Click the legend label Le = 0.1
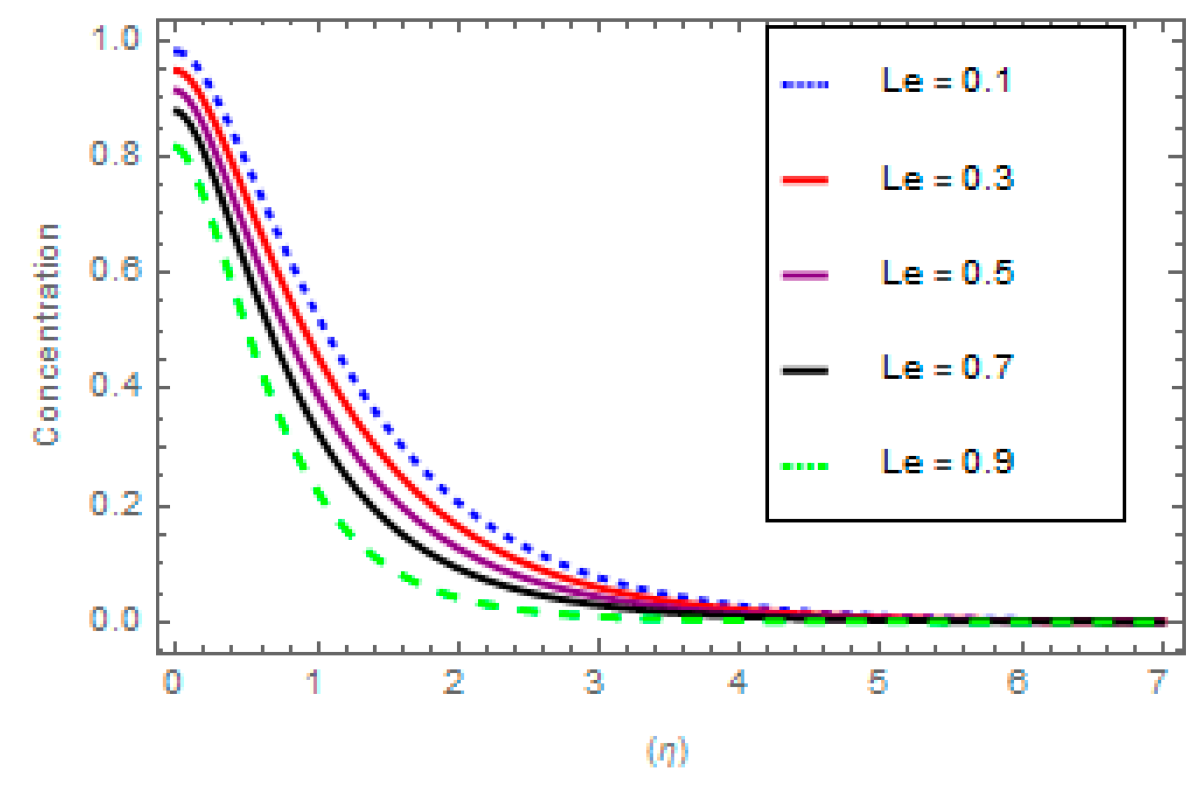pyautogui.click(x=946, y=81)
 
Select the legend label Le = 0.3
pyautogui.click(x=947, y=179)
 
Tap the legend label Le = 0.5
pyautogui.click(x=947, y=273)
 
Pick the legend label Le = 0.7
pyautogui.click(x=947, y=368)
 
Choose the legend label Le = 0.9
pyautogui.click(x=947, y=463)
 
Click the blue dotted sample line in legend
pyautogui.click(x=805, y=85)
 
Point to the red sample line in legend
pyautogui.click(x=805, y=180)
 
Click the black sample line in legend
pyautogui.click(x=805, y=370)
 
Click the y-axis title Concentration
pyautogui.click(x=46, y=334)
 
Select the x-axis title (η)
pyautogui.click(x=667, y=751)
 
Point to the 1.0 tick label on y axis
pyautogui.click(x=115, y=39)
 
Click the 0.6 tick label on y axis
pyautogui.click(x=115, y=270)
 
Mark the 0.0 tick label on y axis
pyautogui.click(x=115, y=620)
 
